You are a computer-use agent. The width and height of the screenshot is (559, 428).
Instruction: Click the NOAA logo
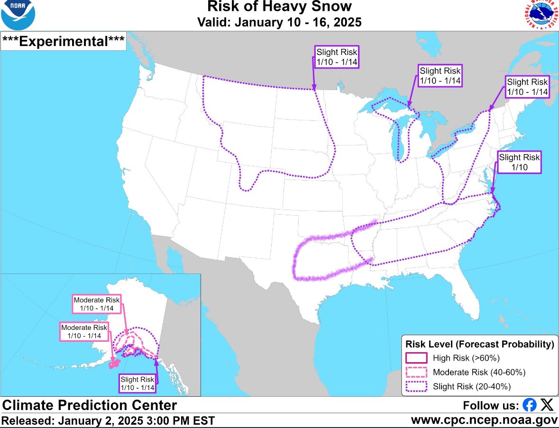point(18,16)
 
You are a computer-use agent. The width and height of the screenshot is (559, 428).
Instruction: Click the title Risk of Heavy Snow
point(280,7)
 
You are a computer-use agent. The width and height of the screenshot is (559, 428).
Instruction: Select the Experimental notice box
point(64,41)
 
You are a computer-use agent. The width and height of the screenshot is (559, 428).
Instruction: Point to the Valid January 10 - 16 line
point(280,22)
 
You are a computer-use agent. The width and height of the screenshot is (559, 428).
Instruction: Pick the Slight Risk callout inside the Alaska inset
point(137,383)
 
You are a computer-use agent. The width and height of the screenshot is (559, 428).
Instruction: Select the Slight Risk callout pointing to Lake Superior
point(440,76)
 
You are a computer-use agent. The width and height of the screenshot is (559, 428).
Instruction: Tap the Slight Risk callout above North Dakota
point(337,57)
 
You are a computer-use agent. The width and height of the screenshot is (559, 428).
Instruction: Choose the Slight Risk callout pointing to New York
point(527,86)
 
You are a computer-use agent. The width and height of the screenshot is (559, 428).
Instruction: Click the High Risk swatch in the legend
point(417,357)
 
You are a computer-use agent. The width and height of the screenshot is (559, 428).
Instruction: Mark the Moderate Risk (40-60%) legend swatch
point(417,372)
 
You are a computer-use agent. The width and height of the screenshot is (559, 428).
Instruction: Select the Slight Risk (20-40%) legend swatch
point(417,387)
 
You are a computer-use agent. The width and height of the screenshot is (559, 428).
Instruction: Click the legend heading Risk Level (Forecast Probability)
point(479,344)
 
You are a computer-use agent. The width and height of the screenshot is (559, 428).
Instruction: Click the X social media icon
point(547,405)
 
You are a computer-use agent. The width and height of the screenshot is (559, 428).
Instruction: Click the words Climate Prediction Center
point(90,405)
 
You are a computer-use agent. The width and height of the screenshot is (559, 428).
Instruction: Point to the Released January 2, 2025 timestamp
point(108,420)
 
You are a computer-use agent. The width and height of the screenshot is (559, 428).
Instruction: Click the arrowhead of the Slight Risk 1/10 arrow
point(493,191)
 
